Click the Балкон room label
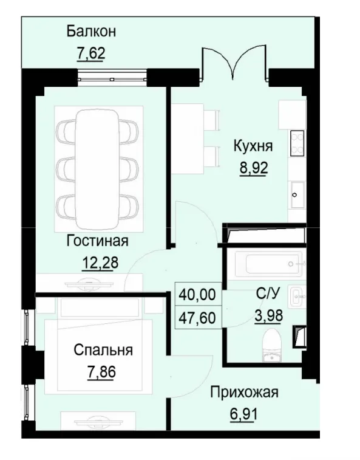[91, 31]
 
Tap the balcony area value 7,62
[91, 53]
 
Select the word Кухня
[253, 146]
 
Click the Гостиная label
[97, 241]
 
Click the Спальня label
[103, 350]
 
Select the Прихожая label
[243, 392]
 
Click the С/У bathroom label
[267, 294]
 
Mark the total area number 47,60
[197, 317]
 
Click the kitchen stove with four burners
[297, 144]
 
